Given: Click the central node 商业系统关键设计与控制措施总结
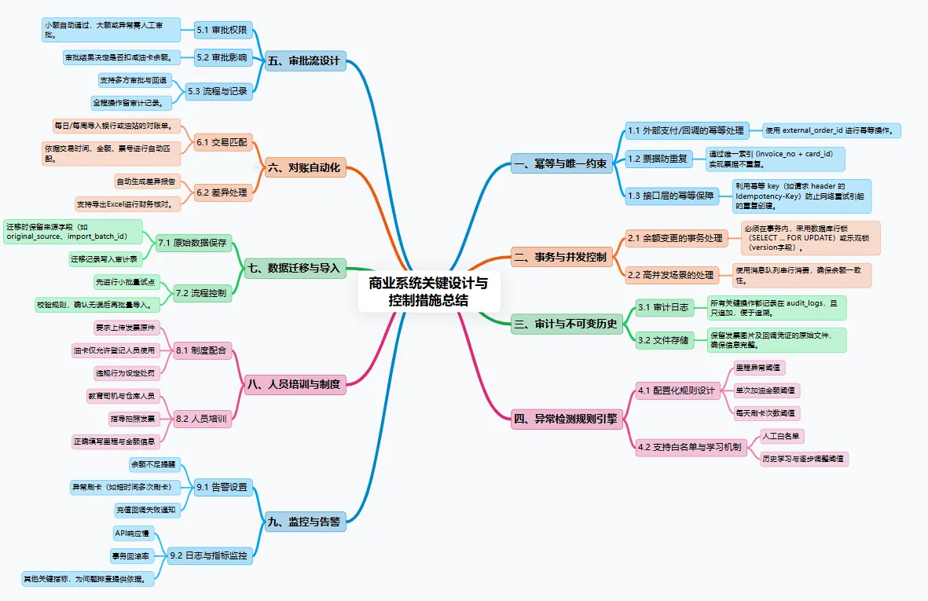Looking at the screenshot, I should click(428, 291).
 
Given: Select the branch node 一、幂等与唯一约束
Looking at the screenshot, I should click(559, 164).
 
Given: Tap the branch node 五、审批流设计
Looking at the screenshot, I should click(306, 61).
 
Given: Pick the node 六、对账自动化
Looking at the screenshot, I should click(304, 167).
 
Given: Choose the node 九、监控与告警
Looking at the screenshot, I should click(304, 521).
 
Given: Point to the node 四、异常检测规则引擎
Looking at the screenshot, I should click(565, 420).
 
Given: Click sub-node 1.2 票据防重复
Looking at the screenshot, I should click(657, 159).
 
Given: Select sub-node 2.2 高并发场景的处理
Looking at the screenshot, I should click(670, 275).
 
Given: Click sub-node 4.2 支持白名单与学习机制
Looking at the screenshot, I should click(689, 447).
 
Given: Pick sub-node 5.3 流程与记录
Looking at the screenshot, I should click(217, 91).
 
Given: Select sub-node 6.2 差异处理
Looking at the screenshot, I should click(222, 192).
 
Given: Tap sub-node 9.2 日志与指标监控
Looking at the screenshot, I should click(208, 556).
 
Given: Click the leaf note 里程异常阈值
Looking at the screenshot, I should click(758, 367).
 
